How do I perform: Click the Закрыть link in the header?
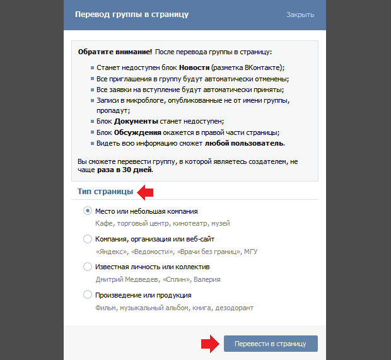300,15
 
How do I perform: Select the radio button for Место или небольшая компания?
88,211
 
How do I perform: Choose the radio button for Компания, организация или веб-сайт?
88,239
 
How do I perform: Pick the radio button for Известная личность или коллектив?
88,267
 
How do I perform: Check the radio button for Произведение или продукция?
88,294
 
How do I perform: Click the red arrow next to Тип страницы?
146,191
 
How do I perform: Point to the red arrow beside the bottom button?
209,344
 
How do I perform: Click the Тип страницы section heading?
105,191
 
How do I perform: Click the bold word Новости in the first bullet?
194,67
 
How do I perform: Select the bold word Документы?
136,121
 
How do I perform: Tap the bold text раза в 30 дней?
125,170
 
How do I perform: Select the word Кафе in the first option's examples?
103,223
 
